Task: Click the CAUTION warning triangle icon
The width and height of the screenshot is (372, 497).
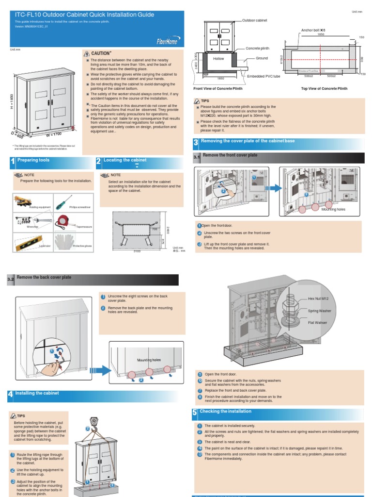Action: click(x=87, y=53)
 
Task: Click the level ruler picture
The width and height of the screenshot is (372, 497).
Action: click(x=26, y=240)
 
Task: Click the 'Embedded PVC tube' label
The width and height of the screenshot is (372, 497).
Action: click(x=263, y=77)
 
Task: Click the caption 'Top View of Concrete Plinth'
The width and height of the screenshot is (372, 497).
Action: click(x=324, y=89)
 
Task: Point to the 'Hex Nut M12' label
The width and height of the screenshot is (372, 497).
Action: click(x=318, y=299)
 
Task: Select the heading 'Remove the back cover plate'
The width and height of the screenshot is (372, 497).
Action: click(x=44, y=278)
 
